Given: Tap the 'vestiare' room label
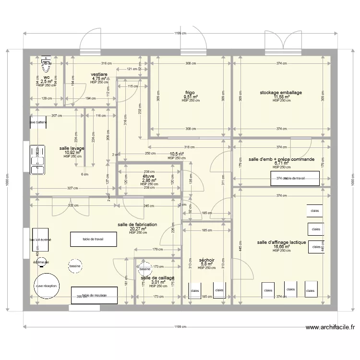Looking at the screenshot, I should point(99,74).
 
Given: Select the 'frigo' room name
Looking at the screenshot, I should point(190,92).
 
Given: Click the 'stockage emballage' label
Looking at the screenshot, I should point(281,93).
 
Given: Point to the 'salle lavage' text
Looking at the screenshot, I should point(72,148).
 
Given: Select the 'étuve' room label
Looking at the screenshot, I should point(149,176).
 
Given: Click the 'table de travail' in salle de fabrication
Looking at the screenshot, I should point(93,239).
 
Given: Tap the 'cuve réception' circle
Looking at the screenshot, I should point(47,286).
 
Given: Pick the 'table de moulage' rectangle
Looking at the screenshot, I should point(95,295).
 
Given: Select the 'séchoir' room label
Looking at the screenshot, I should point(206,260).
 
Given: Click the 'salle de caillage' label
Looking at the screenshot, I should point(157,278).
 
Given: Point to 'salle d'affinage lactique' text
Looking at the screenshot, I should point(281,242).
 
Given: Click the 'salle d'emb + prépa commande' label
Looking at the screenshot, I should point(281,159).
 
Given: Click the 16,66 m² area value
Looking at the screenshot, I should point(281,247).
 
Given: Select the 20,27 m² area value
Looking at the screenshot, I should point(137,229).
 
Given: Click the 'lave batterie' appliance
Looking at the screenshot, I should point(39,122).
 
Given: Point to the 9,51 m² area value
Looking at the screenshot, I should point(190,96).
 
